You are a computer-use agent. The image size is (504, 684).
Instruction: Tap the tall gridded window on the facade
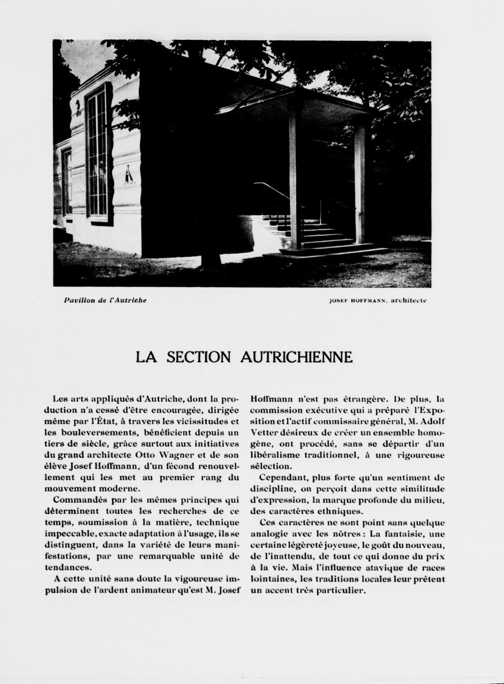(98, 152)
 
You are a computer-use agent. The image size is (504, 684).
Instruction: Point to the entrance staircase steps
(319, 231)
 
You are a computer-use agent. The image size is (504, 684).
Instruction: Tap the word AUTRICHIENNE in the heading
(296, 357)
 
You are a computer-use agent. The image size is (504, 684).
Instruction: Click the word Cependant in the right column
(282, 478)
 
